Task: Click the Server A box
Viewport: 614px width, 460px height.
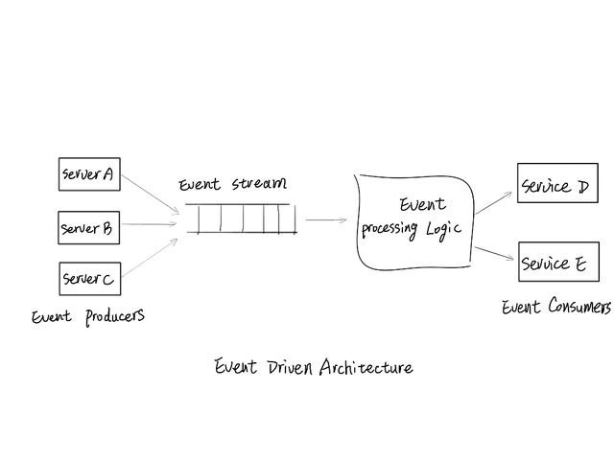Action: coord(88,174)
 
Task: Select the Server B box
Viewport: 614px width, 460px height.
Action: coord(87,228)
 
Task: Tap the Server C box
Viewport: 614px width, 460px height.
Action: coord(88,279)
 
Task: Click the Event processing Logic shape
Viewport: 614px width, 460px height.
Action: coord(414,220)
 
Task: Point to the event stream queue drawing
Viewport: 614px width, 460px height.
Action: coord(241,219)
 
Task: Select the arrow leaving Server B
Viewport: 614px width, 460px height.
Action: coord(149,226)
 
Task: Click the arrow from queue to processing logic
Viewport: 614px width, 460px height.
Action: coord(325,220)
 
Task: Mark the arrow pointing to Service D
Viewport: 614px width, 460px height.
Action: coord(494,201)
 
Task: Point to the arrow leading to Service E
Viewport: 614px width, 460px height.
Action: coord(494,252)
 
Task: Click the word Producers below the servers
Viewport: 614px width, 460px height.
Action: coord(114,316)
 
